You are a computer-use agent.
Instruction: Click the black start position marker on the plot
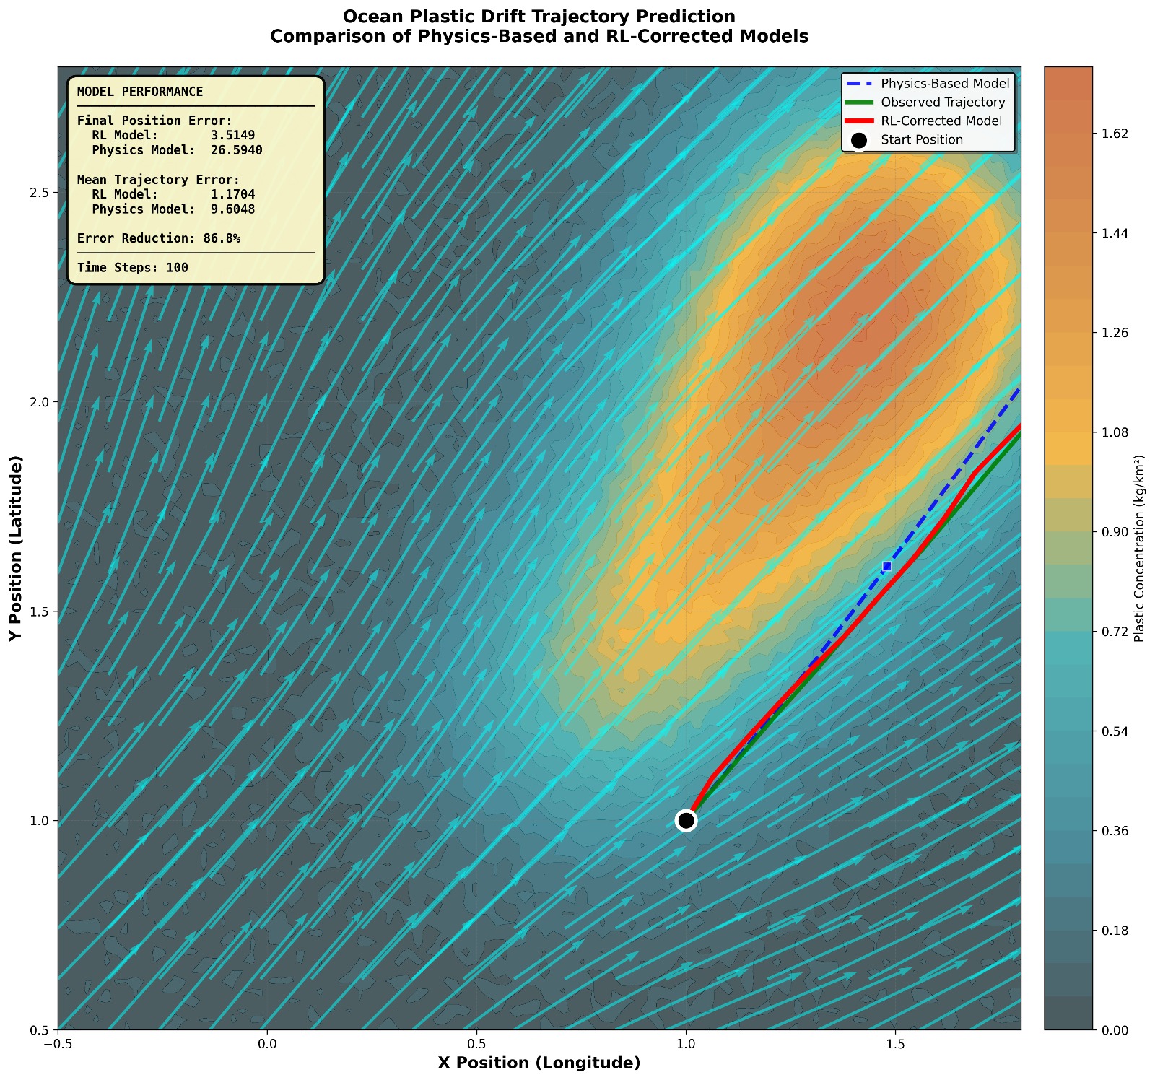tap(686, 820)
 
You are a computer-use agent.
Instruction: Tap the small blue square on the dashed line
tap(886, 566)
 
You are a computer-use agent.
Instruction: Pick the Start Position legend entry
tap(922, 140)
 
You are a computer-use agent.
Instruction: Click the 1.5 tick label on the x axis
tap(895, 1043)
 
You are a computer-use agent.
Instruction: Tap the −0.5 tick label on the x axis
tap(58, 1043)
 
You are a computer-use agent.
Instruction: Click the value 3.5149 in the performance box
tap(232, 136)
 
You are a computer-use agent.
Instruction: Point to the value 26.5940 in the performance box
tap(236, 150)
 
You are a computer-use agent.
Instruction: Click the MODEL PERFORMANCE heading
tap(140, 92)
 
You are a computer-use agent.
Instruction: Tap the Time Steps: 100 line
tap(133, 268)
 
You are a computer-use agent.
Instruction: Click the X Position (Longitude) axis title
tap(539, 1063)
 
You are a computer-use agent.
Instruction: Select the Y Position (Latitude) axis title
tap(15, 548)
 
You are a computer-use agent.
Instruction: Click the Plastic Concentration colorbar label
tap(1139, 548)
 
